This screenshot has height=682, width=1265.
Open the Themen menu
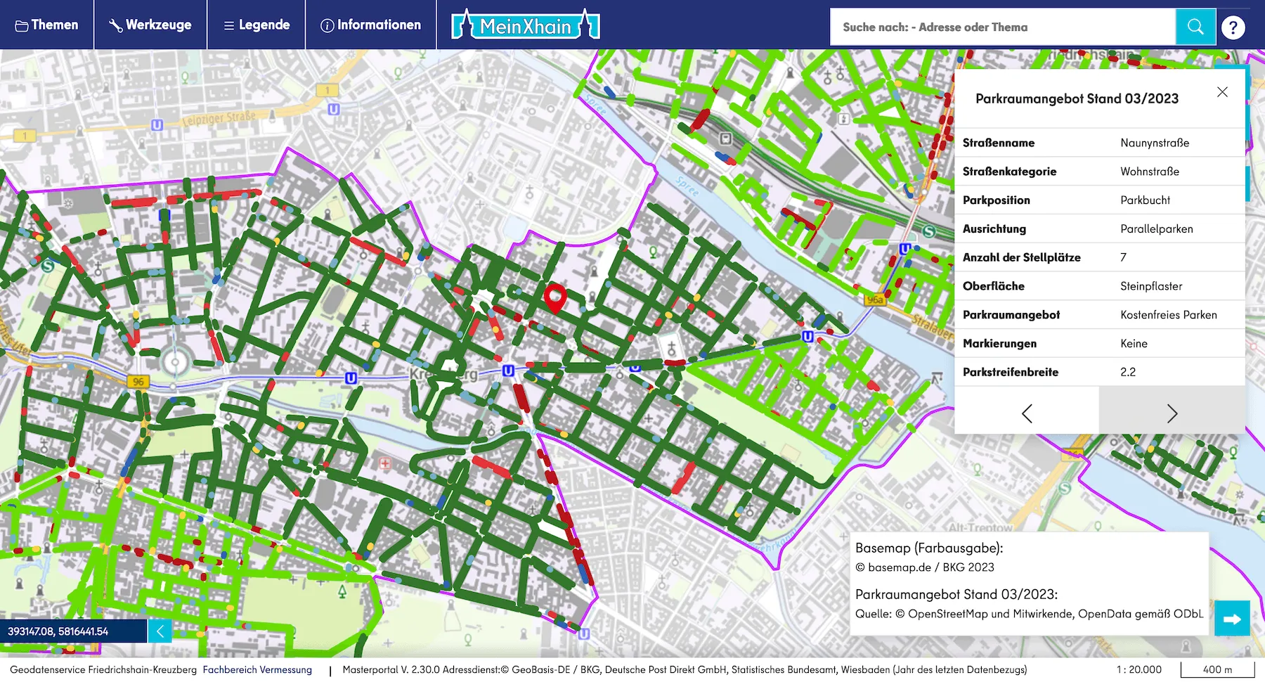tap(46, 25)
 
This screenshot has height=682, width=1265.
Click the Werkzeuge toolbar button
tap(150, 25)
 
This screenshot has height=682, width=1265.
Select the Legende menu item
tap(257, 25)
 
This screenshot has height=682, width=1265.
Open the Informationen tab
tap(371, 25)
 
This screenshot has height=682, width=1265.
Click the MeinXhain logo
tap(526, 26)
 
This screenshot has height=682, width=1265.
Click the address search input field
tap(1002, 27)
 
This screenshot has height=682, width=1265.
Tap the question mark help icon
tap(1233, 27)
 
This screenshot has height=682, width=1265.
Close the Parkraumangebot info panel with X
tap(1222, 92)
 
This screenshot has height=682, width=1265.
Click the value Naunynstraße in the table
tap(1155, 143)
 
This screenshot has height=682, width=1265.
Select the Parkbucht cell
tap(1145, 200)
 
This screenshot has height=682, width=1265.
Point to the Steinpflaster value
tap(1151, 286)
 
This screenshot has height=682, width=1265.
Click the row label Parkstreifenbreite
tap(1010, 372)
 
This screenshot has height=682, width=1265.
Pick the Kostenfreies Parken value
tap(1168, 315)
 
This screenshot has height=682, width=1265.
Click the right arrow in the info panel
tap(1172, 413)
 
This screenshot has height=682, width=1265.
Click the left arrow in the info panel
tap(1027, 413)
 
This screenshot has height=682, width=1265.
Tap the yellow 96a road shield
tap(875, 300)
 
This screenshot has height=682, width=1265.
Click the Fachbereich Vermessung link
tap(257, 669)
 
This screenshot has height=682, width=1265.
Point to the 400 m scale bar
tap(1217, 669)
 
